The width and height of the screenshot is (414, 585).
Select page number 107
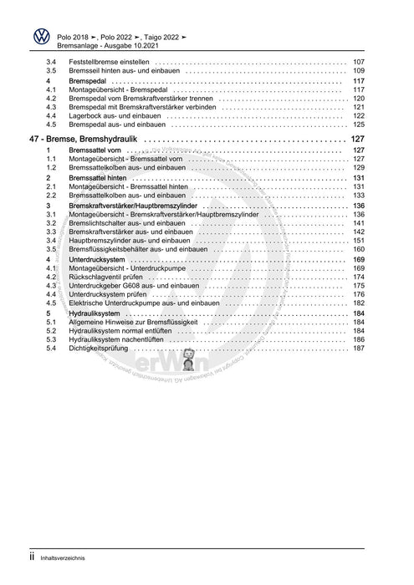tap(359, 63)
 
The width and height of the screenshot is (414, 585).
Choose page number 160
tap(359, 249)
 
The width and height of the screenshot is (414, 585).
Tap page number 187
tap(359, 348)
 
